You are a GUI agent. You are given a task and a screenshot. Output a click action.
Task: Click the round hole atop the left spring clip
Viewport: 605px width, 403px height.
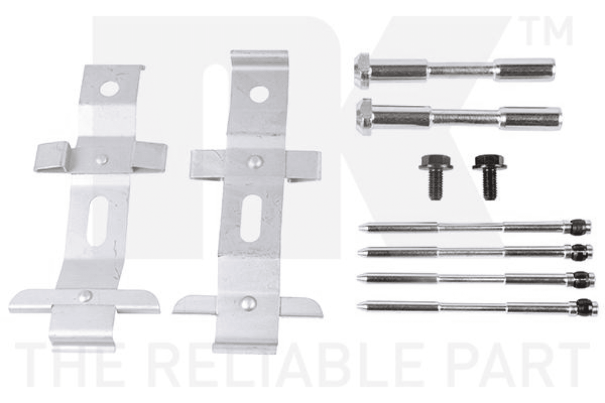point(109,89)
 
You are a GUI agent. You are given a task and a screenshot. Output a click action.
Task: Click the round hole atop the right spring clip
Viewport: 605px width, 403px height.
point(259,94)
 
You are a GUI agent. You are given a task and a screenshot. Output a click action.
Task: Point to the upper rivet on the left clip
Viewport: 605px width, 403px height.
point(101,159)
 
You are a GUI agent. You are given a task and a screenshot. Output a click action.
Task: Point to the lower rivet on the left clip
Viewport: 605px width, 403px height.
point(85,296)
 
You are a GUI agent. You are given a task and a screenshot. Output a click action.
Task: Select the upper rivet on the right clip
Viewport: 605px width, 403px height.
point(255,162)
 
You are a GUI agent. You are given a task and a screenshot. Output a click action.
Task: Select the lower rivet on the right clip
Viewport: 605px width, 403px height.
point(248,303)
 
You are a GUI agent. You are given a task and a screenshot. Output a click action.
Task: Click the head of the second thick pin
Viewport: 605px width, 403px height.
point(364,117)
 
